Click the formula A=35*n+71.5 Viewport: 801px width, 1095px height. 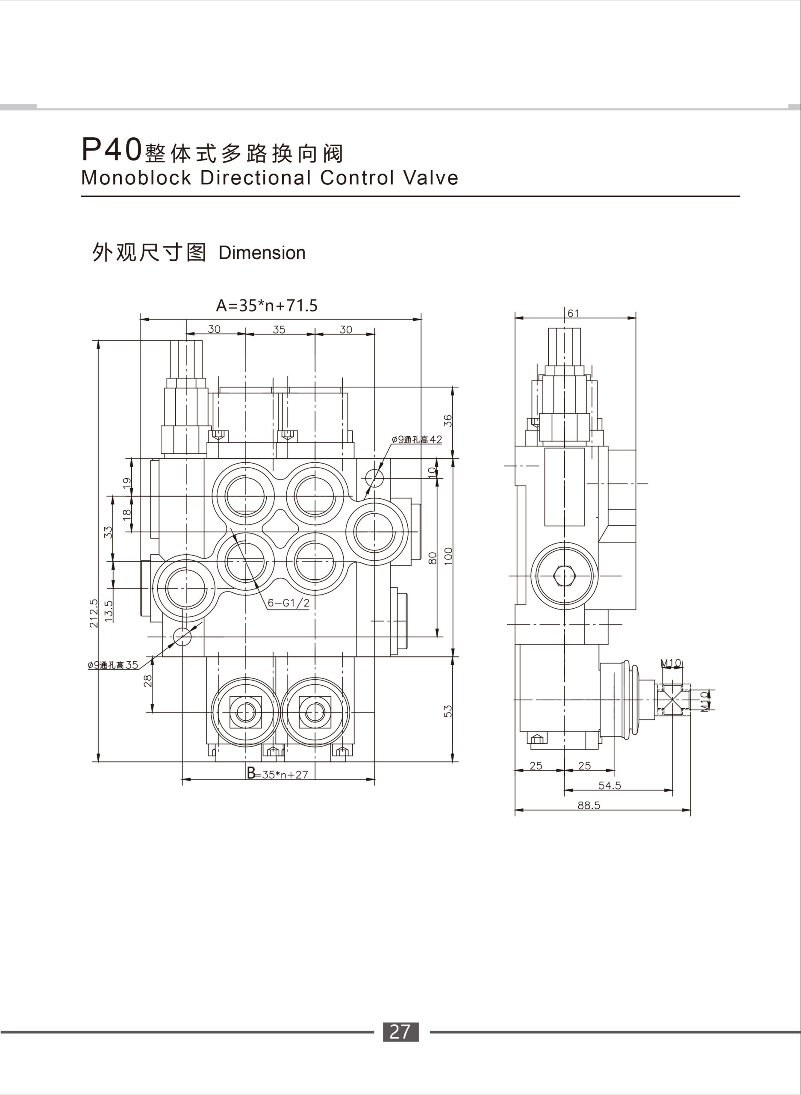coord(267,306)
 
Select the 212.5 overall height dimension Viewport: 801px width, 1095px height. coord(94,613)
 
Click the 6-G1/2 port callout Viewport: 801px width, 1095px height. coord(289,603)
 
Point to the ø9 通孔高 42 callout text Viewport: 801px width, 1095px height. coord(417,440)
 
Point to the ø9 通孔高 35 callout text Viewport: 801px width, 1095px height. coord(113,665)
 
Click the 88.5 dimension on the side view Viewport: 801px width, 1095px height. coord(589,805)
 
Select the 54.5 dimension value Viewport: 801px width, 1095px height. coord(610,785)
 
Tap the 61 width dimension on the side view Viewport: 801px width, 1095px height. coord(573,314)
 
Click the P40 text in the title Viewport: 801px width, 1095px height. coord(111,149)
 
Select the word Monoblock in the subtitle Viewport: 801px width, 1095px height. coord(136,178)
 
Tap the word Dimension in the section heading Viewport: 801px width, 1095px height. coord(262,253)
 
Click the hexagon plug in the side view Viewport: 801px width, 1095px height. coord(564,576)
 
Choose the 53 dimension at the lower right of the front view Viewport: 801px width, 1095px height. coord(448,711)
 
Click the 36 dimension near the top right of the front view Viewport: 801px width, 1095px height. coord(448,420)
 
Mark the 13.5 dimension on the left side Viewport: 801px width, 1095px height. coord(109,611)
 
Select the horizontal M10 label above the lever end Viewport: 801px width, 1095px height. coord(671,663)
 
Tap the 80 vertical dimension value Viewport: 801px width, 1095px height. coord(433,557)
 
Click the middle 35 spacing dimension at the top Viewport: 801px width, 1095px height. coord(279,329)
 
